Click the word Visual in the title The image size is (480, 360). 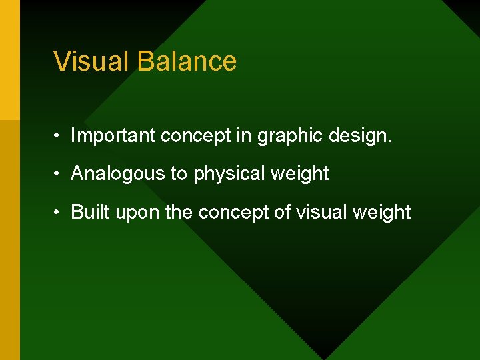pyautogui.click(x=91, y=61)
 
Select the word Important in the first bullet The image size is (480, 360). pyautogui.click(x=113, y=136)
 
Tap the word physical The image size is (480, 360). pyautogui.click(x=229, y=174)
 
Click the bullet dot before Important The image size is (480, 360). pyautogui.click(x=59, y=137)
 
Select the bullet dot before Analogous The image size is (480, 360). pyautogui.click(x=59, y=174)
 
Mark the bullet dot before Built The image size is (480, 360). pyautogui.click(x=59, y=213)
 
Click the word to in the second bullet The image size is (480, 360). pyautogui.click(x=179, y=174)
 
